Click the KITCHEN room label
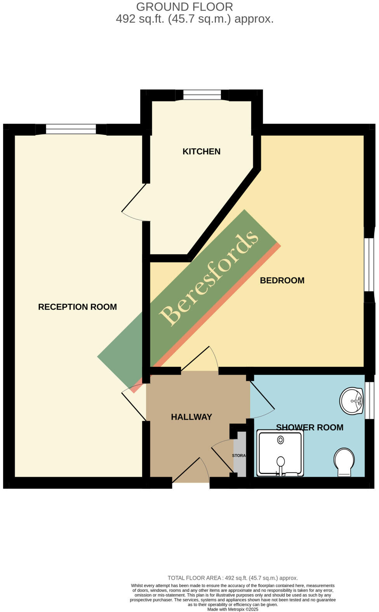201,152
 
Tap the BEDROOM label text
282,281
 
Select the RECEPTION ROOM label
77,307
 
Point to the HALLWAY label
191,417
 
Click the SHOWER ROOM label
309,427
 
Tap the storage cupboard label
239,455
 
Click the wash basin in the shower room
352,401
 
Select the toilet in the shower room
344,462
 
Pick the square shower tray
280,453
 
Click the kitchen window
202,94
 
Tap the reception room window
71,129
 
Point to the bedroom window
369,264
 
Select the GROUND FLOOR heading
184,7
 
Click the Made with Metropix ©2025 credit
233,609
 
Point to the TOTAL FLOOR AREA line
233,578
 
